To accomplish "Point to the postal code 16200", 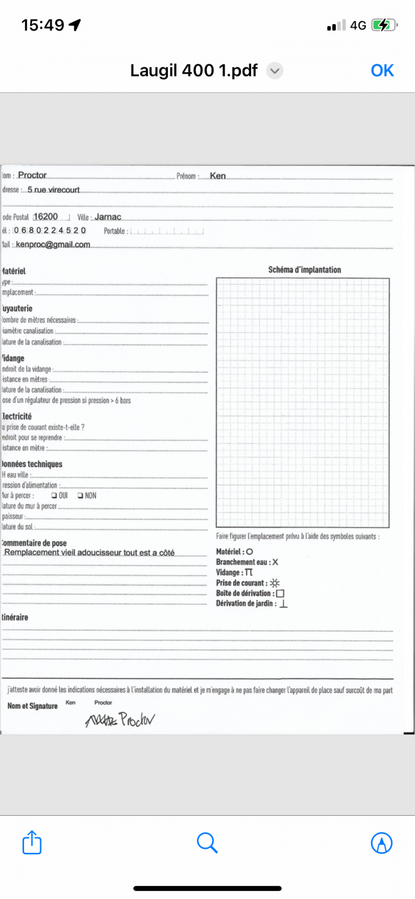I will click(46, 217).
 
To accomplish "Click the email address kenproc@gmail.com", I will click(53, 244).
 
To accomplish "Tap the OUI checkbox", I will click(54, 495).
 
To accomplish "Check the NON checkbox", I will click(80, 495).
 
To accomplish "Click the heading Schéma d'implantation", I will click(304, 270).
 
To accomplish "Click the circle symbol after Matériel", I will click(249, 552).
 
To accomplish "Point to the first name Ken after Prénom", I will click(218, 176).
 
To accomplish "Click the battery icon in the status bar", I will click(384, 25).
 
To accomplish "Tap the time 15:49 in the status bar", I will click(43, 25).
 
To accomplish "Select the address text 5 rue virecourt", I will click(53, 190).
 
